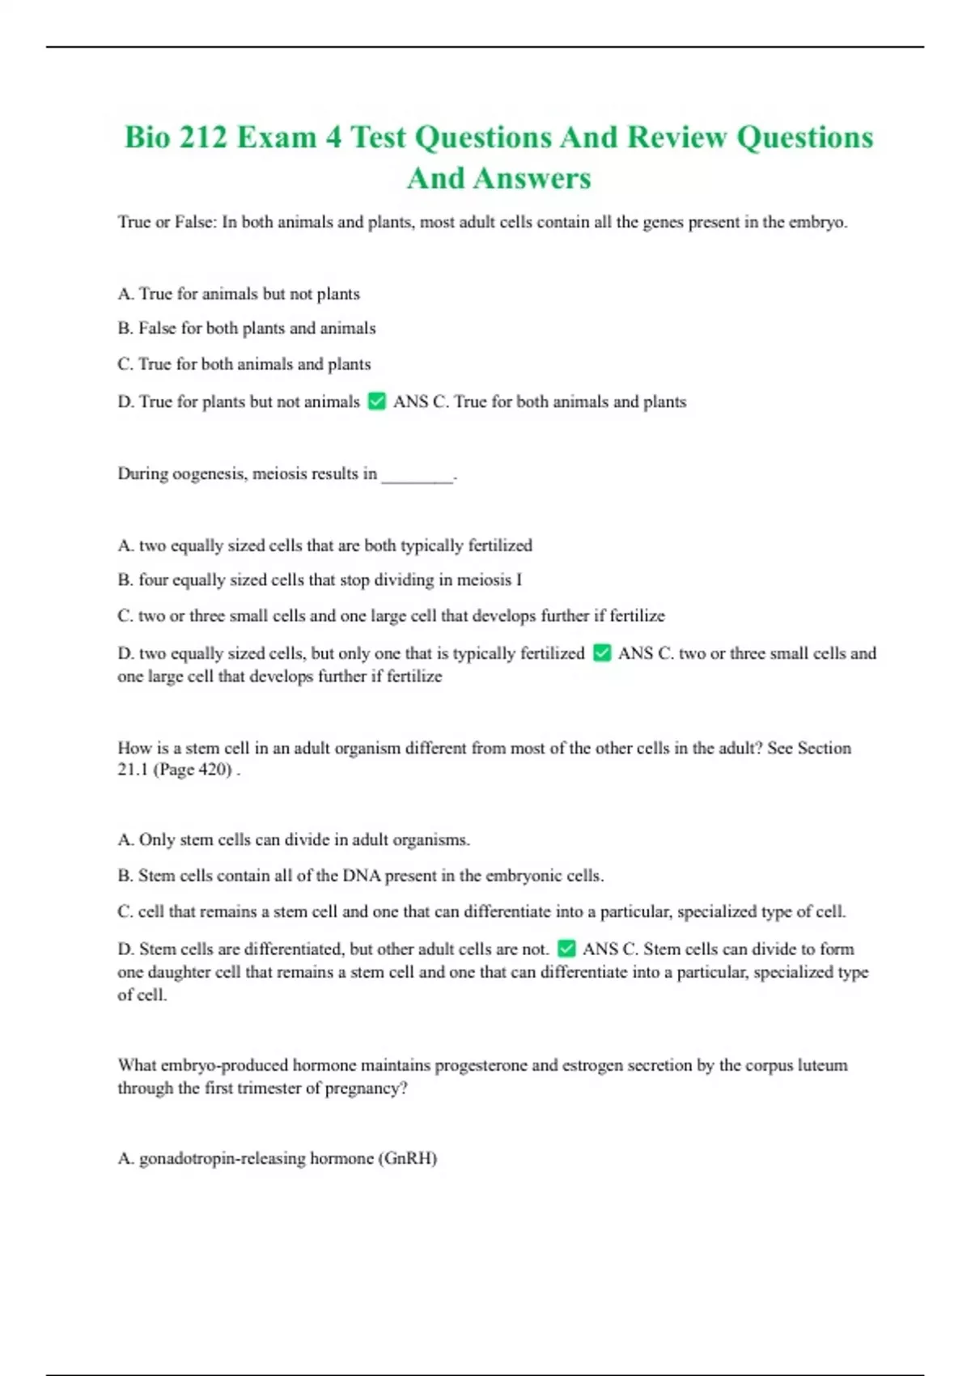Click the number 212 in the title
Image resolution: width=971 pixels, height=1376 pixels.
(x=203, y=138)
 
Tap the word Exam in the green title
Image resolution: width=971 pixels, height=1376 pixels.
(x=277, y=138)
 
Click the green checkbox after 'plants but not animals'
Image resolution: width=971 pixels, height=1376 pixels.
(x=377, y=401)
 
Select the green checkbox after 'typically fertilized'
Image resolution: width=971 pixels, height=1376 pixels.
(x=602, y=653)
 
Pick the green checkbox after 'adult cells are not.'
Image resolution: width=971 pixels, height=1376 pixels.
(x=567, y=949)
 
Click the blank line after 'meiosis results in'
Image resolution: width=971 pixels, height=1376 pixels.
(x=418, y=476)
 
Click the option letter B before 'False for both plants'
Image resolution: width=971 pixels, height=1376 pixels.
(x=125, y=329)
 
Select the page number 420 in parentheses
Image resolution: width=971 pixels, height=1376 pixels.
(x=214, y=770)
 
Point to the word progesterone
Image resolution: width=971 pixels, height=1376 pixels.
(x=481, y=1065)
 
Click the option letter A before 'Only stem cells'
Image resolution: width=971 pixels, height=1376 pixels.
(x=125, y=840)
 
